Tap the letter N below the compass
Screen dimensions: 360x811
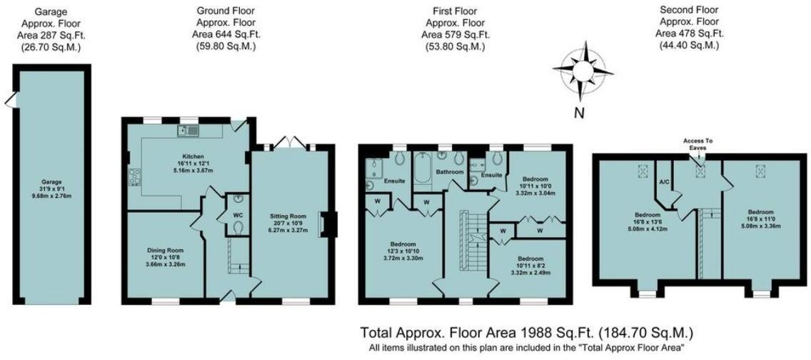point(580,112)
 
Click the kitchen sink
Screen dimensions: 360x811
point(188,130)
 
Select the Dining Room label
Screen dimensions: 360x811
point(166,251)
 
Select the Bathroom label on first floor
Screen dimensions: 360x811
point(450,172)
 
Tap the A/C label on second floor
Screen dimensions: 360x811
point(663,182)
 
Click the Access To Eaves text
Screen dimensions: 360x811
point(697,144)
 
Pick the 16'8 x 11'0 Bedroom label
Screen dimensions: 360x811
point(760,212)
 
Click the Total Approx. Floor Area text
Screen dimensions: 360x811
point(526,333)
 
